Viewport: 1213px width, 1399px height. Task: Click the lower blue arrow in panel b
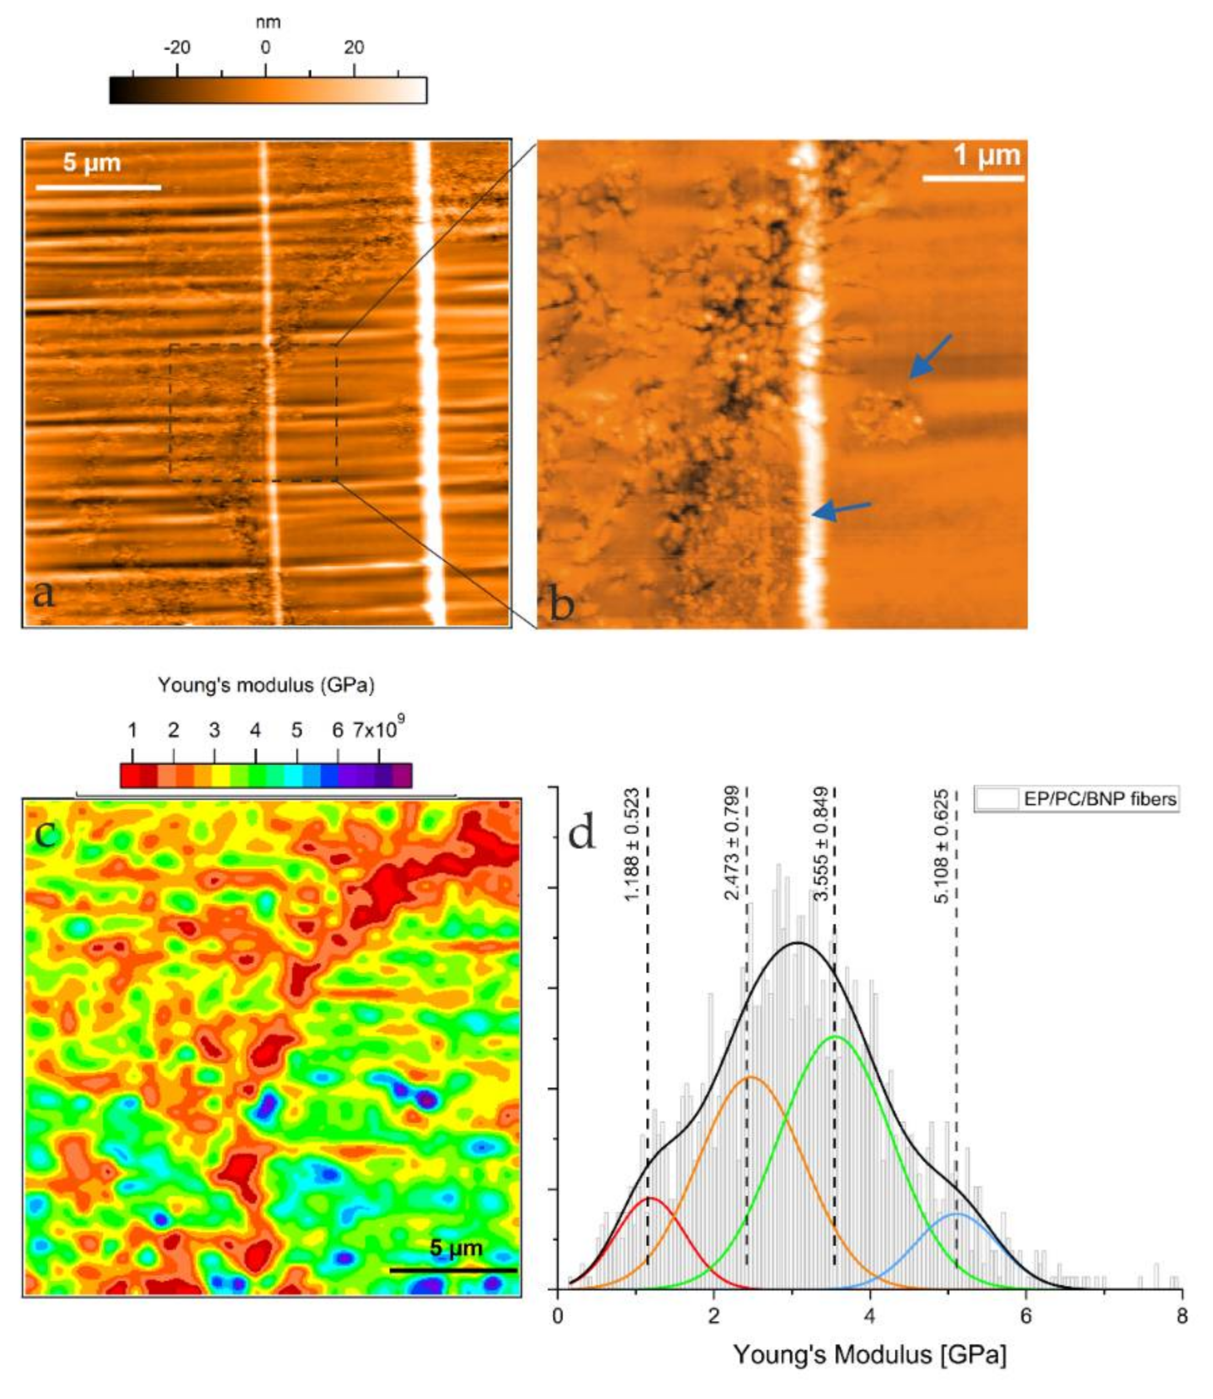coord(841,510)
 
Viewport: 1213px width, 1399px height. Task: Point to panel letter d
coord(581,834)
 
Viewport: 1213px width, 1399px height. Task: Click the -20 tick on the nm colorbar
coord(178,47)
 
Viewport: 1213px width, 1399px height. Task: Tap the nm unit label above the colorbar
coord(268,22)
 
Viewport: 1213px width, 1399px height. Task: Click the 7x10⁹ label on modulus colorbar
coord(378,730)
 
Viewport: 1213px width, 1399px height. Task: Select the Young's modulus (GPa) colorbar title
coord(266,685)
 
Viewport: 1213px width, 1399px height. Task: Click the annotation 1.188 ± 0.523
coord(632,844)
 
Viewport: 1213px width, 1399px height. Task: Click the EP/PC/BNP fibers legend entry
coord(1076,799)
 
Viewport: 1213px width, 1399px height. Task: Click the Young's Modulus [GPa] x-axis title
coord(870,1354)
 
